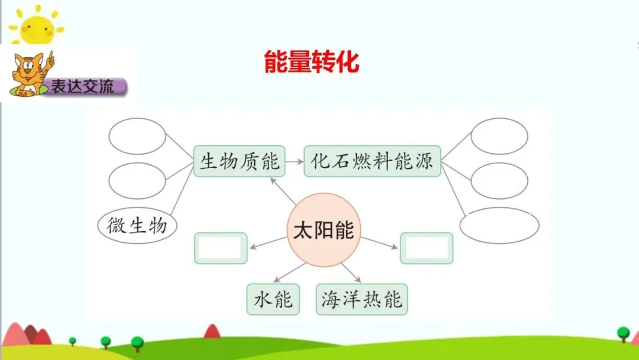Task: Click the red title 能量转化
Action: (311, 62)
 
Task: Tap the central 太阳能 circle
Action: (323, 230)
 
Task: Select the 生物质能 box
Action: (240, 161)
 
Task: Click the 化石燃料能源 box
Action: (372, 161)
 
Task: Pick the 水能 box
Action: (273, 300)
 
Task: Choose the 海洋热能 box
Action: (362, 300)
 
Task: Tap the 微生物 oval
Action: (137, 225)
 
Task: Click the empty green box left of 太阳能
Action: (221, 248)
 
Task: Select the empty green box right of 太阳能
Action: (427, 248)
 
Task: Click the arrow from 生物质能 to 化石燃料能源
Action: (294, 161)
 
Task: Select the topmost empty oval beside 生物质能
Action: (137, 136)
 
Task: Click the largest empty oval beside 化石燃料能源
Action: (499, 225)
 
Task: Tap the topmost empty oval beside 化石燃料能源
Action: (499, 136)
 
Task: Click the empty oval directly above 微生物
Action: (137, 181)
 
